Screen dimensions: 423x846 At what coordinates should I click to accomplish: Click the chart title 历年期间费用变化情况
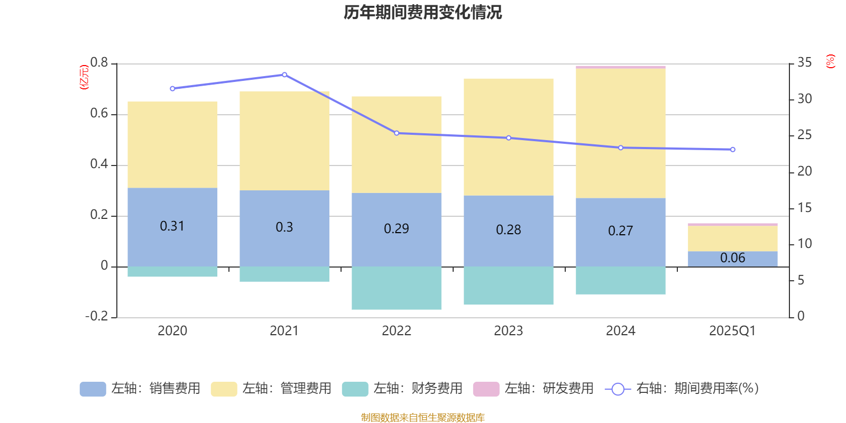422,12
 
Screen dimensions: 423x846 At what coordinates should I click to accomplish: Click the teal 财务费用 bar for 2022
396,288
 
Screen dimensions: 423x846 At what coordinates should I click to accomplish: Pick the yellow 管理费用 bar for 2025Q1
732,238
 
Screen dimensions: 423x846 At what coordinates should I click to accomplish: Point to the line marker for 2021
284,75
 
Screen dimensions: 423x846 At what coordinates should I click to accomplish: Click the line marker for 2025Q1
732,150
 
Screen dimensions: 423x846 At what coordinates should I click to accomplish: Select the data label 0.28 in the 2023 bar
508,230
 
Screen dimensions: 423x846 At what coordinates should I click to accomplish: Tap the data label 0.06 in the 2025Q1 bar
732,258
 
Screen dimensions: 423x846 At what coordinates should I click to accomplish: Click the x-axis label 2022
396,331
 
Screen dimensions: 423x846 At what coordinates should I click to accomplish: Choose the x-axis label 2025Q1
732,331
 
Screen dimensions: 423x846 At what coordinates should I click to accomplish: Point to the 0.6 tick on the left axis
99,114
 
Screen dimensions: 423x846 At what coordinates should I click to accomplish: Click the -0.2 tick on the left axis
96,316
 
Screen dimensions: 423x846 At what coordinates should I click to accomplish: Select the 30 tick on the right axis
804,99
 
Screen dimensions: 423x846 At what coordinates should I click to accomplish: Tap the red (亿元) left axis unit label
84,77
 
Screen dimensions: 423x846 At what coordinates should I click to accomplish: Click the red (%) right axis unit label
830,61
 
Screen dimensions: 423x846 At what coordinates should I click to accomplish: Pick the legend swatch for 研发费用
486,389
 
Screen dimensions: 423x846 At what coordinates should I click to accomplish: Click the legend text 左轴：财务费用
418,389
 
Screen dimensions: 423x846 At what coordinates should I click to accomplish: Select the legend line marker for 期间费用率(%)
618,389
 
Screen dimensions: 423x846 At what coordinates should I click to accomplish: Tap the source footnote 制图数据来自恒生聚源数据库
422,418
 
